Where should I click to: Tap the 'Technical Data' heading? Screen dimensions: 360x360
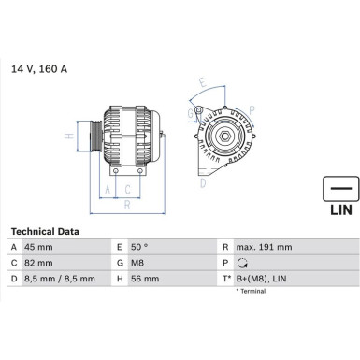click(x=45, y=231)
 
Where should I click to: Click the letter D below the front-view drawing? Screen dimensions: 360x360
click(x=202, y=183)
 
